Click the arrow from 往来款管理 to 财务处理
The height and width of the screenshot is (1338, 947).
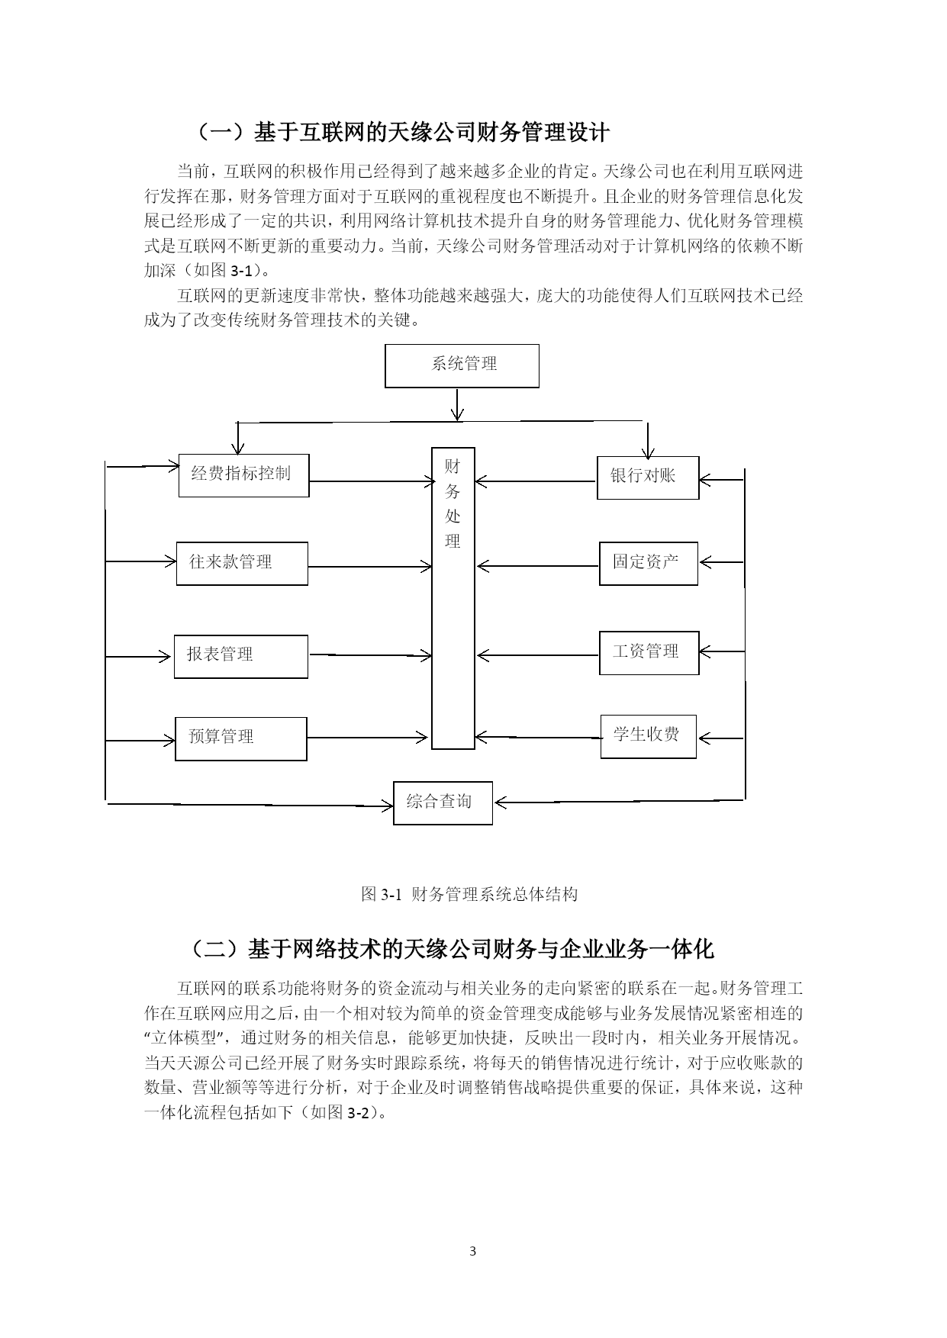[370, 566]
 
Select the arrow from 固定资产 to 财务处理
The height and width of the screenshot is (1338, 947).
[537, 566]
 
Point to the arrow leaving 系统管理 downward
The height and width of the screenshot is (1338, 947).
[457, 404]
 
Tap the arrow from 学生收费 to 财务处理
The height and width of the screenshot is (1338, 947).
[537, 737]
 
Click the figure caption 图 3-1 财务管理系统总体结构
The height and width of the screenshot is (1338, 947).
[469, 894]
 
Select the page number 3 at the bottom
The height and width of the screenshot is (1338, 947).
[473, 1251]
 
